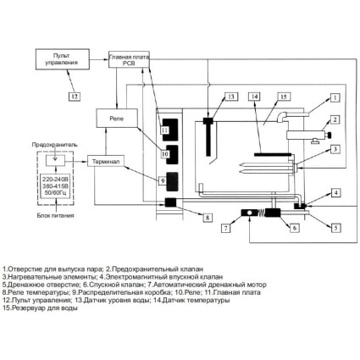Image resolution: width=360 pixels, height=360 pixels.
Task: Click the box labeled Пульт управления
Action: coord(63,59)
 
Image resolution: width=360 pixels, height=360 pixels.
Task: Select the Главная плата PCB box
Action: coord(129,59)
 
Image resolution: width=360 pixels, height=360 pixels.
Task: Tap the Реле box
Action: coord(117,118)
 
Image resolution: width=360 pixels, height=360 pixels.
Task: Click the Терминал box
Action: coord(106,161)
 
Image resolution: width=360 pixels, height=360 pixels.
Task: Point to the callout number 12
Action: coord(75,97)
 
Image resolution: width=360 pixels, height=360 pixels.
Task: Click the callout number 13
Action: coord(231,97)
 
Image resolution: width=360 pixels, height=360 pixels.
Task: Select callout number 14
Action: coord(255,97)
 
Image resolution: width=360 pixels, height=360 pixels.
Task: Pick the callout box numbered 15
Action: coord(284,97)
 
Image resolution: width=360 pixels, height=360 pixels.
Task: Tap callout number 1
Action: coord(335,97)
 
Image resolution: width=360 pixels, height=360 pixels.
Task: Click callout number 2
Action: coord(335,119)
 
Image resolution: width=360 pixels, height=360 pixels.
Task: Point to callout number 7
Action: coord(225,228)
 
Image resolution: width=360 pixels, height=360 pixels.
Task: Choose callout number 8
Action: coord(208,218)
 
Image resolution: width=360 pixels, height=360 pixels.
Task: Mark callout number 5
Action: coord(335,228)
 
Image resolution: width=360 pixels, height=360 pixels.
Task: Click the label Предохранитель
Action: coord(54,145)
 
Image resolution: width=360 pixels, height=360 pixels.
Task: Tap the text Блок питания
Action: coord(56,215)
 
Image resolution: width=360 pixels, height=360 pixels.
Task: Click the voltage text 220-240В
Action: coord(56,179)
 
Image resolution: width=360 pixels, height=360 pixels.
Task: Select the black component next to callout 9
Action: coord(172,181)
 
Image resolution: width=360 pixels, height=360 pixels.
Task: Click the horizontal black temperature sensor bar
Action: coord(273,154)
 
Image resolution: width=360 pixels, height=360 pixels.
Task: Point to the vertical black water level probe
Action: coord(208,137)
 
